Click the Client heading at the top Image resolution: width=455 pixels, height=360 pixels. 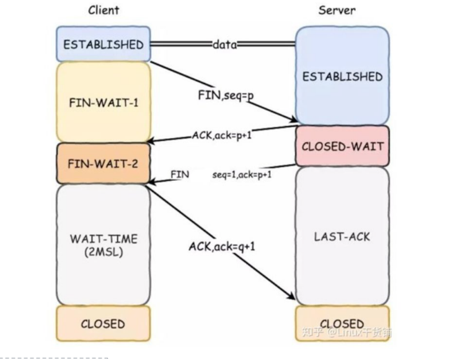tap(103, 10)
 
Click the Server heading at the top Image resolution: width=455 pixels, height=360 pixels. tap(337, 10)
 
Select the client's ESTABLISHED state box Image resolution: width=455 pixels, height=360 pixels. tap(103, 45)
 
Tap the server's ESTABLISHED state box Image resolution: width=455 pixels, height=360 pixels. tap(342, 76)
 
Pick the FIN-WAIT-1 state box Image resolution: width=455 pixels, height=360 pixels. tap(103, 102)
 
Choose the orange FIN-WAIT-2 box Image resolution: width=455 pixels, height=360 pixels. tap(103, 164)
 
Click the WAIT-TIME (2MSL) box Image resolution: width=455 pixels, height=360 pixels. tap(103, 244)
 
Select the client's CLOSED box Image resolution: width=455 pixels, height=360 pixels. tap(103, 323)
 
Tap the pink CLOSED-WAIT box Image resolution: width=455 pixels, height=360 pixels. tap(342, 147)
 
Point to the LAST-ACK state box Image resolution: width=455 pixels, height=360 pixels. tap(342, 236)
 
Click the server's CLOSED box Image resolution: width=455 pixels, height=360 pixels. tap(342, 323)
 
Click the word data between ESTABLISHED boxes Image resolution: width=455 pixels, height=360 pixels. tap(223, 45)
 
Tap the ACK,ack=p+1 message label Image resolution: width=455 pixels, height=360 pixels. tap(221, 136)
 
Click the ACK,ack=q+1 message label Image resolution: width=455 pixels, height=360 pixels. tap(222, 246)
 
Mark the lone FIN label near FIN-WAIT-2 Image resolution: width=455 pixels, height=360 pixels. tap(180, 174)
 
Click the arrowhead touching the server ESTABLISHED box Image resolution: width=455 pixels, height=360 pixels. tap(293, 120)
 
